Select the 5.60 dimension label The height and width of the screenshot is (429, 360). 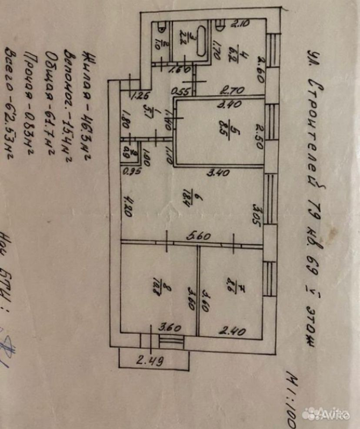point(200,237)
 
